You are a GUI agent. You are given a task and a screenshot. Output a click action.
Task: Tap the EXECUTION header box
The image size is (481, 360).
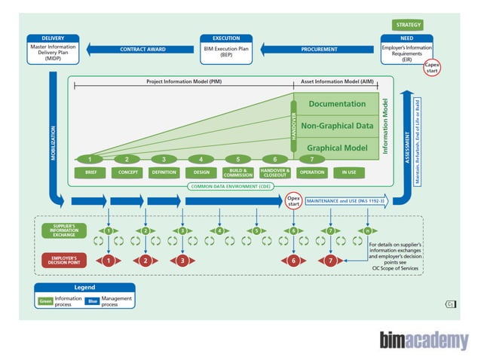point(227,38)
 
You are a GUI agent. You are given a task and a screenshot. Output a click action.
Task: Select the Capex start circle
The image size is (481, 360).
point(432,68)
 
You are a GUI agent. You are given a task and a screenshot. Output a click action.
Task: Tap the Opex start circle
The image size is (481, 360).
point(294,200)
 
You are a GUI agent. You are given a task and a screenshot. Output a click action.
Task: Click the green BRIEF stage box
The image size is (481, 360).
point(90,172)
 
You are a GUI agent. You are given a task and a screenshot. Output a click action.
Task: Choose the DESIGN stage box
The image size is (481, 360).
point(201,172)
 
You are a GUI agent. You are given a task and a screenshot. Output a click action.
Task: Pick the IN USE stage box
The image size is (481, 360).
point(349,172)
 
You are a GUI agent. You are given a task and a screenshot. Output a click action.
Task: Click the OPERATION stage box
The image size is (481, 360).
point(312,172)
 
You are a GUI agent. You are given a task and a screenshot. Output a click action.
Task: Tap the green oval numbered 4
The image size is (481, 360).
point(201,159)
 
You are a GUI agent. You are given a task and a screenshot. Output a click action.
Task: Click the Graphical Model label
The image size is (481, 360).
point(337,148)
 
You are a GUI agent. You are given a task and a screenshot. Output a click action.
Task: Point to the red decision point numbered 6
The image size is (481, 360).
point(294,261)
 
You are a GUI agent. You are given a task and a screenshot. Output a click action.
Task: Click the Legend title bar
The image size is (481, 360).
point(84,287)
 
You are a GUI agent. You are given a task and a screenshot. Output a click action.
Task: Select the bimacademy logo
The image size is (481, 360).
point(424,340)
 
